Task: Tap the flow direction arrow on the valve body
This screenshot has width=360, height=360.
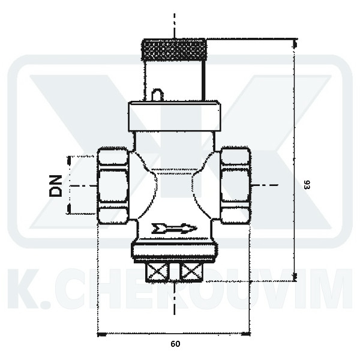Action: coord(175,227)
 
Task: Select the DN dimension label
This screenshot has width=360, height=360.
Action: coord(56,185)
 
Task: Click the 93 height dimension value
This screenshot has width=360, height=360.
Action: coord(307,185)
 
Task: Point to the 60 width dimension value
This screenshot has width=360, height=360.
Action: coord(175,344)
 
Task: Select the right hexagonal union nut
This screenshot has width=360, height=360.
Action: coord(235,185)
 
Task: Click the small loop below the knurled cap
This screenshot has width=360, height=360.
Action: coord(157,95)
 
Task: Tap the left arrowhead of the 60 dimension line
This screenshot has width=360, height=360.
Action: coord(101,333)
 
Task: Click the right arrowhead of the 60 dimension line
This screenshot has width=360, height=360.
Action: coord(247,333)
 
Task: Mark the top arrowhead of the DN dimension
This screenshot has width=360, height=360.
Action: coord(70,160)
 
